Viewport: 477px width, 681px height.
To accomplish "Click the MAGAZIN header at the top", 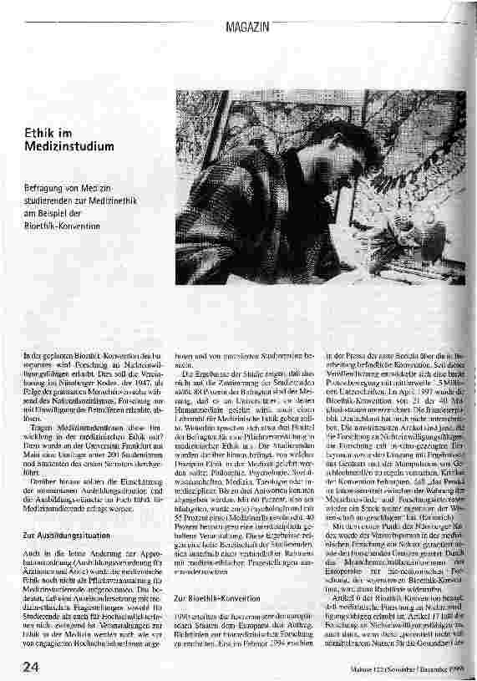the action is tap(248, 28).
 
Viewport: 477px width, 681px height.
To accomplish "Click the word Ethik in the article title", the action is tap(38, 133).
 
